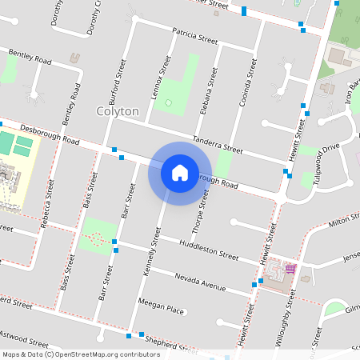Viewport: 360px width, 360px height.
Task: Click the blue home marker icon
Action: tap(180, 172)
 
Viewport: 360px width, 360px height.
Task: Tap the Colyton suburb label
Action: tap(118, 111)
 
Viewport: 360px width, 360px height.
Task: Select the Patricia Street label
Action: tap(195, 36)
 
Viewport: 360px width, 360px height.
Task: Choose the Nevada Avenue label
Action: tap(203, 281)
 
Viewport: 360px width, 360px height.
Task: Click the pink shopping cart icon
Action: tap(291, 269)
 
